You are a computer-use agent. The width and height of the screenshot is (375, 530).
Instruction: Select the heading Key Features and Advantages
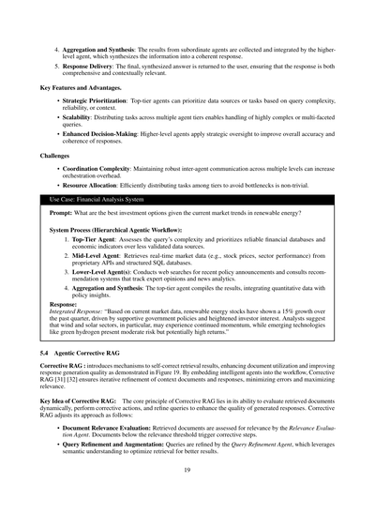[80, 87]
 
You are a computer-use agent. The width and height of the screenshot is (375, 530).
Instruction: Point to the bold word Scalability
[78, 116]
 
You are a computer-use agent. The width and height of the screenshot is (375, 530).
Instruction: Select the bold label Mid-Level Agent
[94, 256]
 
